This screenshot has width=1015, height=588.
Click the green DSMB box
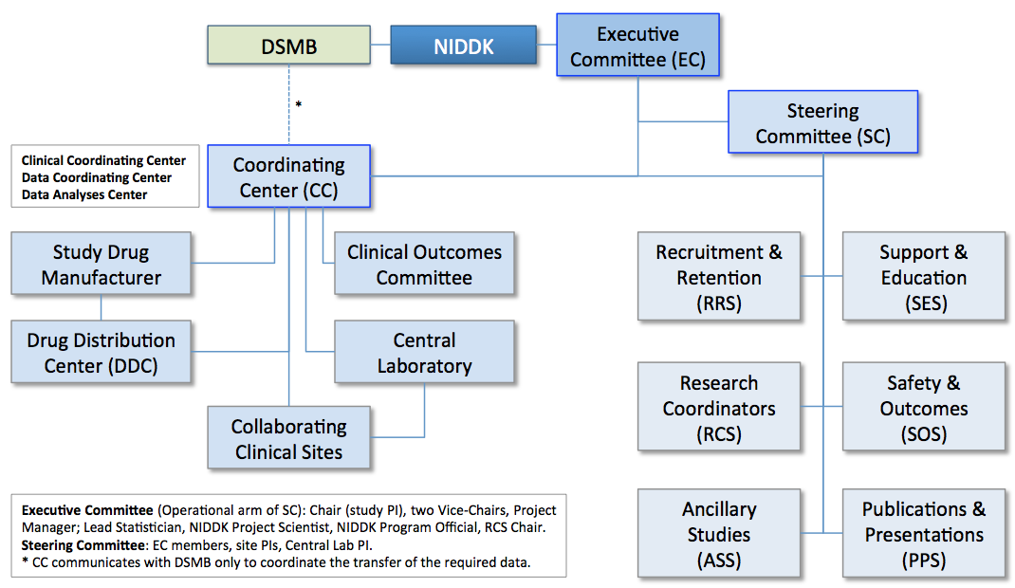click(x=289, y=46)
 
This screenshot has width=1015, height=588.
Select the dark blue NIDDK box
click(x=464, y=46)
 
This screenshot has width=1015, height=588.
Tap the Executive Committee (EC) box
click(x=637, y=46)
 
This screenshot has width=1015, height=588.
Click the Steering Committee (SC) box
click(x=822, y=122)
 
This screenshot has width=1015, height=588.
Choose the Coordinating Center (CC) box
click(x=288, y=177)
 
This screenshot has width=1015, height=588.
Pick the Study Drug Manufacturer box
click(x=101, y=265)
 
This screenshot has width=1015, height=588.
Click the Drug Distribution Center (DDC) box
click(x=101, y=352)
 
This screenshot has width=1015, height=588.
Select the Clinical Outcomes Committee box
click(x=424, y=265)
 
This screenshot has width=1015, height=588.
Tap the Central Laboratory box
click(x=424, y=352)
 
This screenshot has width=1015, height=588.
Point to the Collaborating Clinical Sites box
click(x=288, y=438)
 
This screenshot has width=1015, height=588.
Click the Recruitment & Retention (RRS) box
click(x=719, y=277)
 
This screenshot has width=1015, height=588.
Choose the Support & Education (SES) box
click(x=923, y=277)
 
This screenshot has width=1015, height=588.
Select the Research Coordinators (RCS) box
click(x=719, y=408)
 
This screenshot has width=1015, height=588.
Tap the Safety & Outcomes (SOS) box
click(x=923, y=408)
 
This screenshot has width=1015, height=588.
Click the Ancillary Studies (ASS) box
click(x=719, y=534)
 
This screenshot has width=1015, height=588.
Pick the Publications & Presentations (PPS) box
click(x=923, y=534)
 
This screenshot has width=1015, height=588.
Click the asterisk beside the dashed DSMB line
click(x=298, y=105)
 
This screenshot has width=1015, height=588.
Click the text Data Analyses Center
click(x=84, y=194)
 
